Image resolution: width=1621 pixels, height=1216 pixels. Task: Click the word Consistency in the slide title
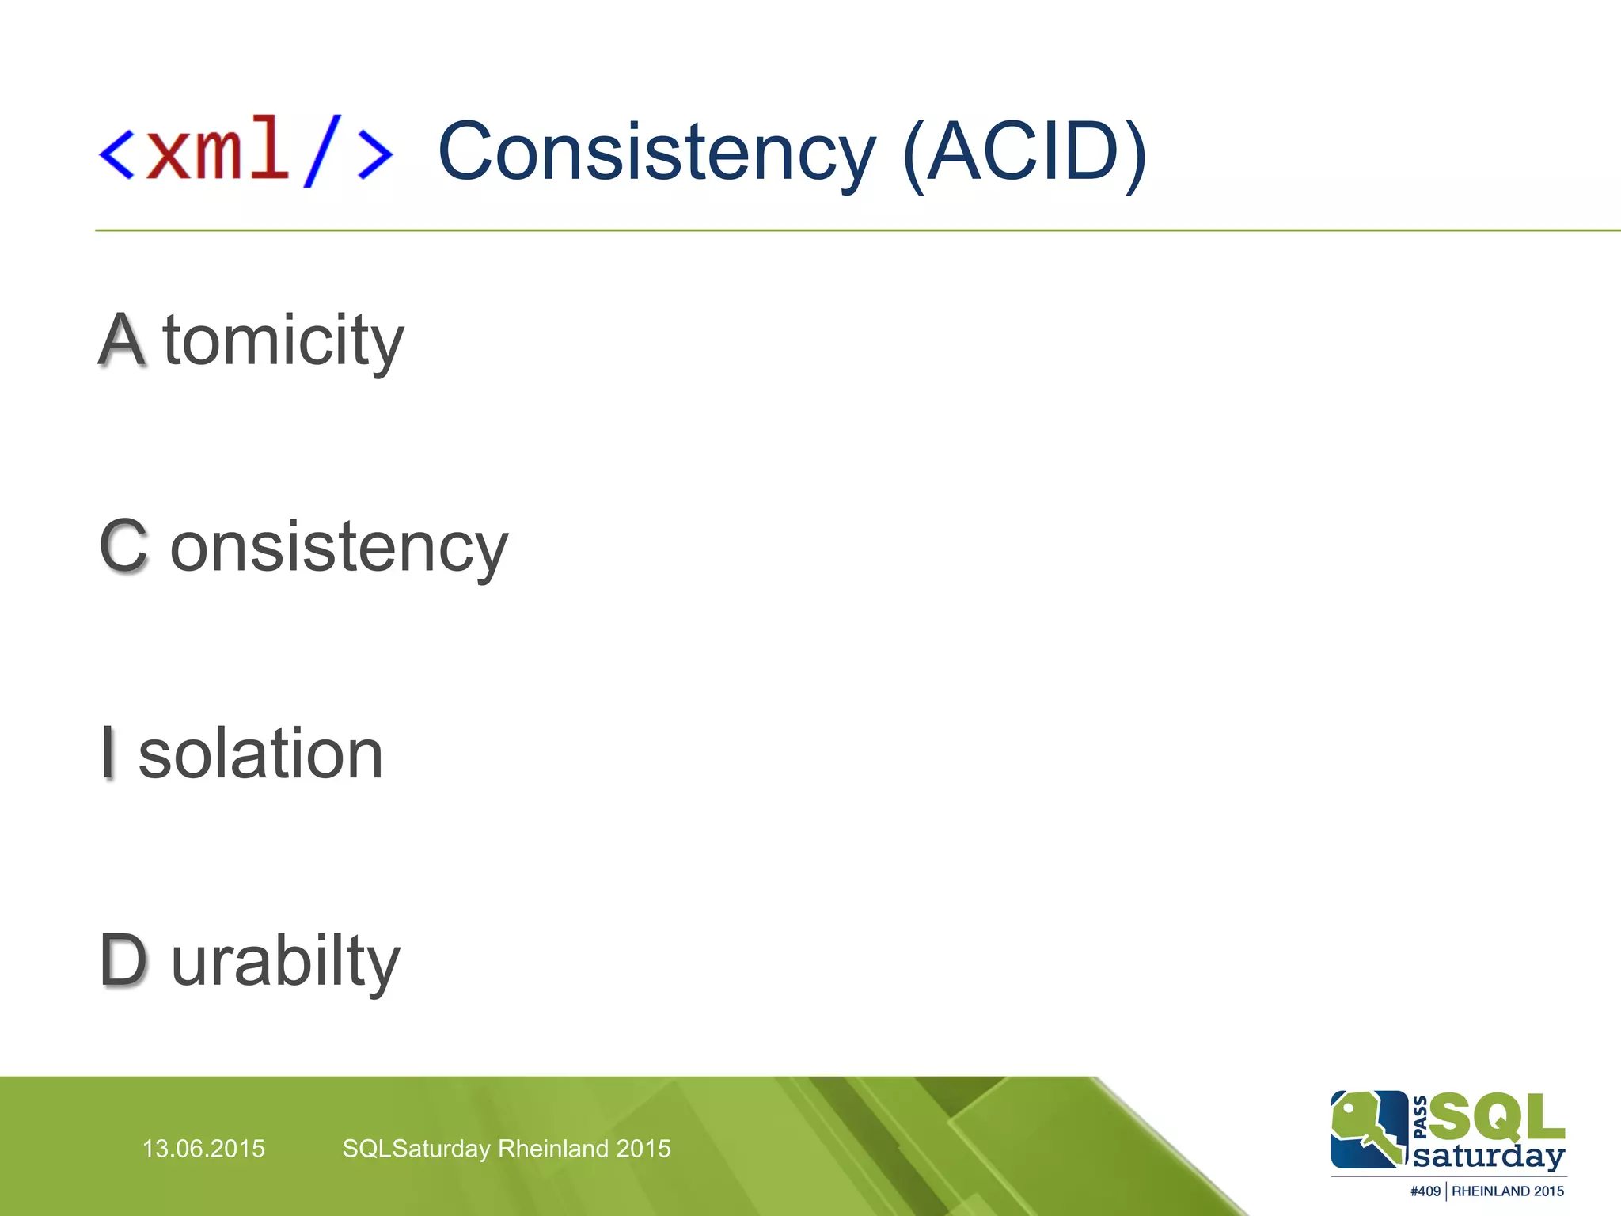click(x=656, y=153)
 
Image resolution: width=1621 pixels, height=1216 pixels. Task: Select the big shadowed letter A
click(x=122, y=340)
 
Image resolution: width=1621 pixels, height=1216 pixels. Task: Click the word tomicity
click(x=283, y=341)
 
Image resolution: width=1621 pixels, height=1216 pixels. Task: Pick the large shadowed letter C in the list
click(x=123, y=545)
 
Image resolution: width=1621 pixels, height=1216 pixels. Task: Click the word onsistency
click(x=339, y=549)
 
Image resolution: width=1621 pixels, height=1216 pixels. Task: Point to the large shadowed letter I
click(x=108, y=753)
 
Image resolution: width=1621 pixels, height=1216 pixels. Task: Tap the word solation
click(x=260, y=754)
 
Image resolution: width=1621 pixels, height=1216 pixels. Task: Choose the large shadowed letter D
click(x=123, y=960)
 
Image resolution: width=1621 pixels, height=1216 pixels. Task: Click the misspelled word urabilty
click(x=286, y=962)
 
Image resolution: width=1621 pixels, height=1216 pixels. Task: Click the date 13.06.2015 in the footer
click(x=203, y=1149)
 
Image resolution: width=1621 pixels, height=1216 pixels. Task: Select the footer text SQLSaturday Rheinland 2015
click(x=506, y=1149)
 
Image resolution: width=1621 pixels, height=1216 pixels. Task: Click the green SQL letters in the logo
click(x=1496, y=1116)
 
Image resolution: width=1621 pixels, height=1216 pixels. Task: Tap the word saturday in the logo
click(x=1488, y=1157)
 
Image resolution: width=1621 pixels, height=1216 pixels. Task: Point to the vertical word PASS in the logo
click(x=1420, y=1116)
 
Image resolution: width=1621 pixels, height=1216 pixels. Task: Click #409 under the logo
click(x=1425, y=1191)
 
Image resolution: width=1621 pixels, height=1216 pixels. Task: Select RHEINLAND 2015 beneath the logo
click(x=1507, y=1191)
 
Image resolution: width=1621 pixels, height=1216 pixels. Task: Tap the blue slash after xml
click(x=322, y=150)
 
